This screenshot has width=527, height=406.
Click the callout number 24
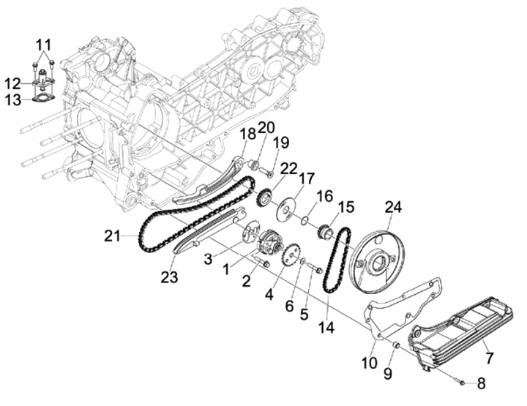tap(394, 208)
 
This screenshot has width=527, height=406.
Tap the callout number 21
tap(112, 236)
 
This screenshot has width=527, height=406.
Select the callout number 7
tap(489, 358)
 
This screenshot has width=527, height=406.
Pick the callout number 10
tap(370, 362)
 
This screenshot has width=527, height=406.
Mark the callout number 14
tap(326, 327)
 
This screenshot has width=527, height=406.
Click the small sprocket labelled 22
tap(265, 198)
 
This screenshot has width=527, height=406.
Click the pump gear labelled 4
tap(291, 256)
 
